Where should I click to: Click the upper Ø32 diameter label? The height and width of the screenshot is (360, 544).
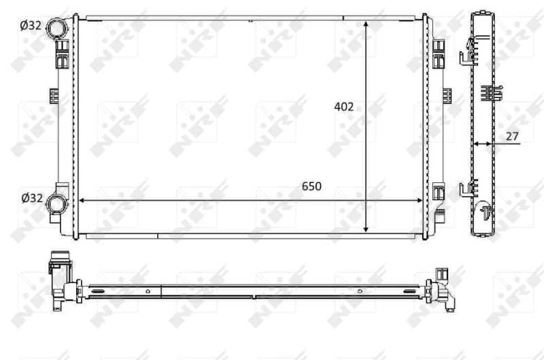(x=31, y=26)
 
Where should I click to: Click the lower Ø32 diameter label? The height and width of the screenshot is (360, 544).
(x=31, y=198)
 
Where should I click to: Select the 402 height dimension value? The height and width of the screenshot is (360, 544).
(x=344, y=106)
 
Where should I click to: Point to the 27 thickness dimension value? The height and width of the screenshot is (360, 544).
(x=512, y=136)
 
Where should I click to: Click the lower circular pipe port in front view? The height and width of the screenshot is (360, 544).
(x=58, y=202)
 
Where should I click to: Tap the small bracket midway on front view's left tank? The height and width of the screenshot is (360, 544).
(x=53, y=95)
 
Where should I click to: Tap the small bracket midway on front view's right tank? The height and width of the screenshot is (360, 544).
(x=447, y=95)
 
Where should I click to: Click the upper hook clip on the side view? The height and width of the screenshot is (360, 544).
(x=467, y=51)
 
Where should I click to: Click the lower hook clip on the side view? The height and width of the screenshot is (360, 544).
(x=467, y=190)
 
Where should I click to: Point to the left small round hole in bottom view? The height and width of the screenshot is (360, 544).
(x=148, y=291)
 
